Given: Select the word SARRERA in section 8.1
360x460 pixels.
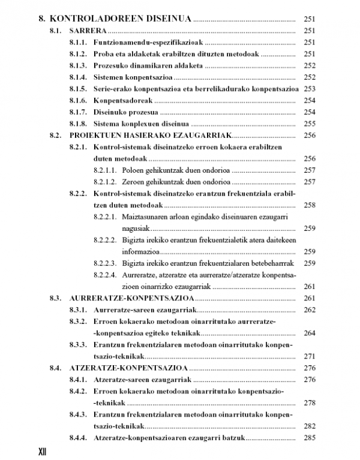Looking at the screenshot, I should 88,31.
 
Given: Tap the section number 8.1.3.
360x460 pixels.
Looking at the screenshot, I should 79,65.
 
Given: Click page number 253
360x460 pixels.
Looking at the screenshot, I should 310,89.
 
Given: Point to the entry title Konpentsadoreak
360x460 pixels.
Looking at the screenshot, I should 124,100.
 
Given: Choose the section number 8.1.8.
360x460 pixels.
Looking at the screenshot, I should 79,124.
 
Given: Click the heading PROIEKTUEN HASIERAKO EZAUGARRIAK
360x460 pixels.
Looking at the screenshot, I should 150,136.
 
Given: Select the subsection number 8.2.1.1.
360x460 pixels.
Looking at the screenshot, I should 106,170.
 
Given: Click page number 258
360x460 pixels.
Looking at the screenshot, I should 310,205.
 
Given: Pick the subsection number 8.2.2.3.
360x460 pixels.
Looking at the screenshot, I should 106,263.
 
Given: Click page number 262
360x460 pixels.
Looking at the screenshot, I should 310,309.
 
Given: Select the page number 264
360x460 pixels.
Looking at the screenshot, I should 310,333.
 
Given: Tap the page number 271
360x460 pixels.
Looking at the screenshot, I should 310,356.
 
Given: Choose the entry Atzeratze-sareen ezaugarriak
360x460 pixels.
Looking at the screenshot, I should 142,380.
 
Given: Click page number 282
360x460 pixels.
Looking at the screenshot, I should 310,426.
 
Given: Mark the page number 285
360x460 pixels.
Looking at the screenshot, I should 310,438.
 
